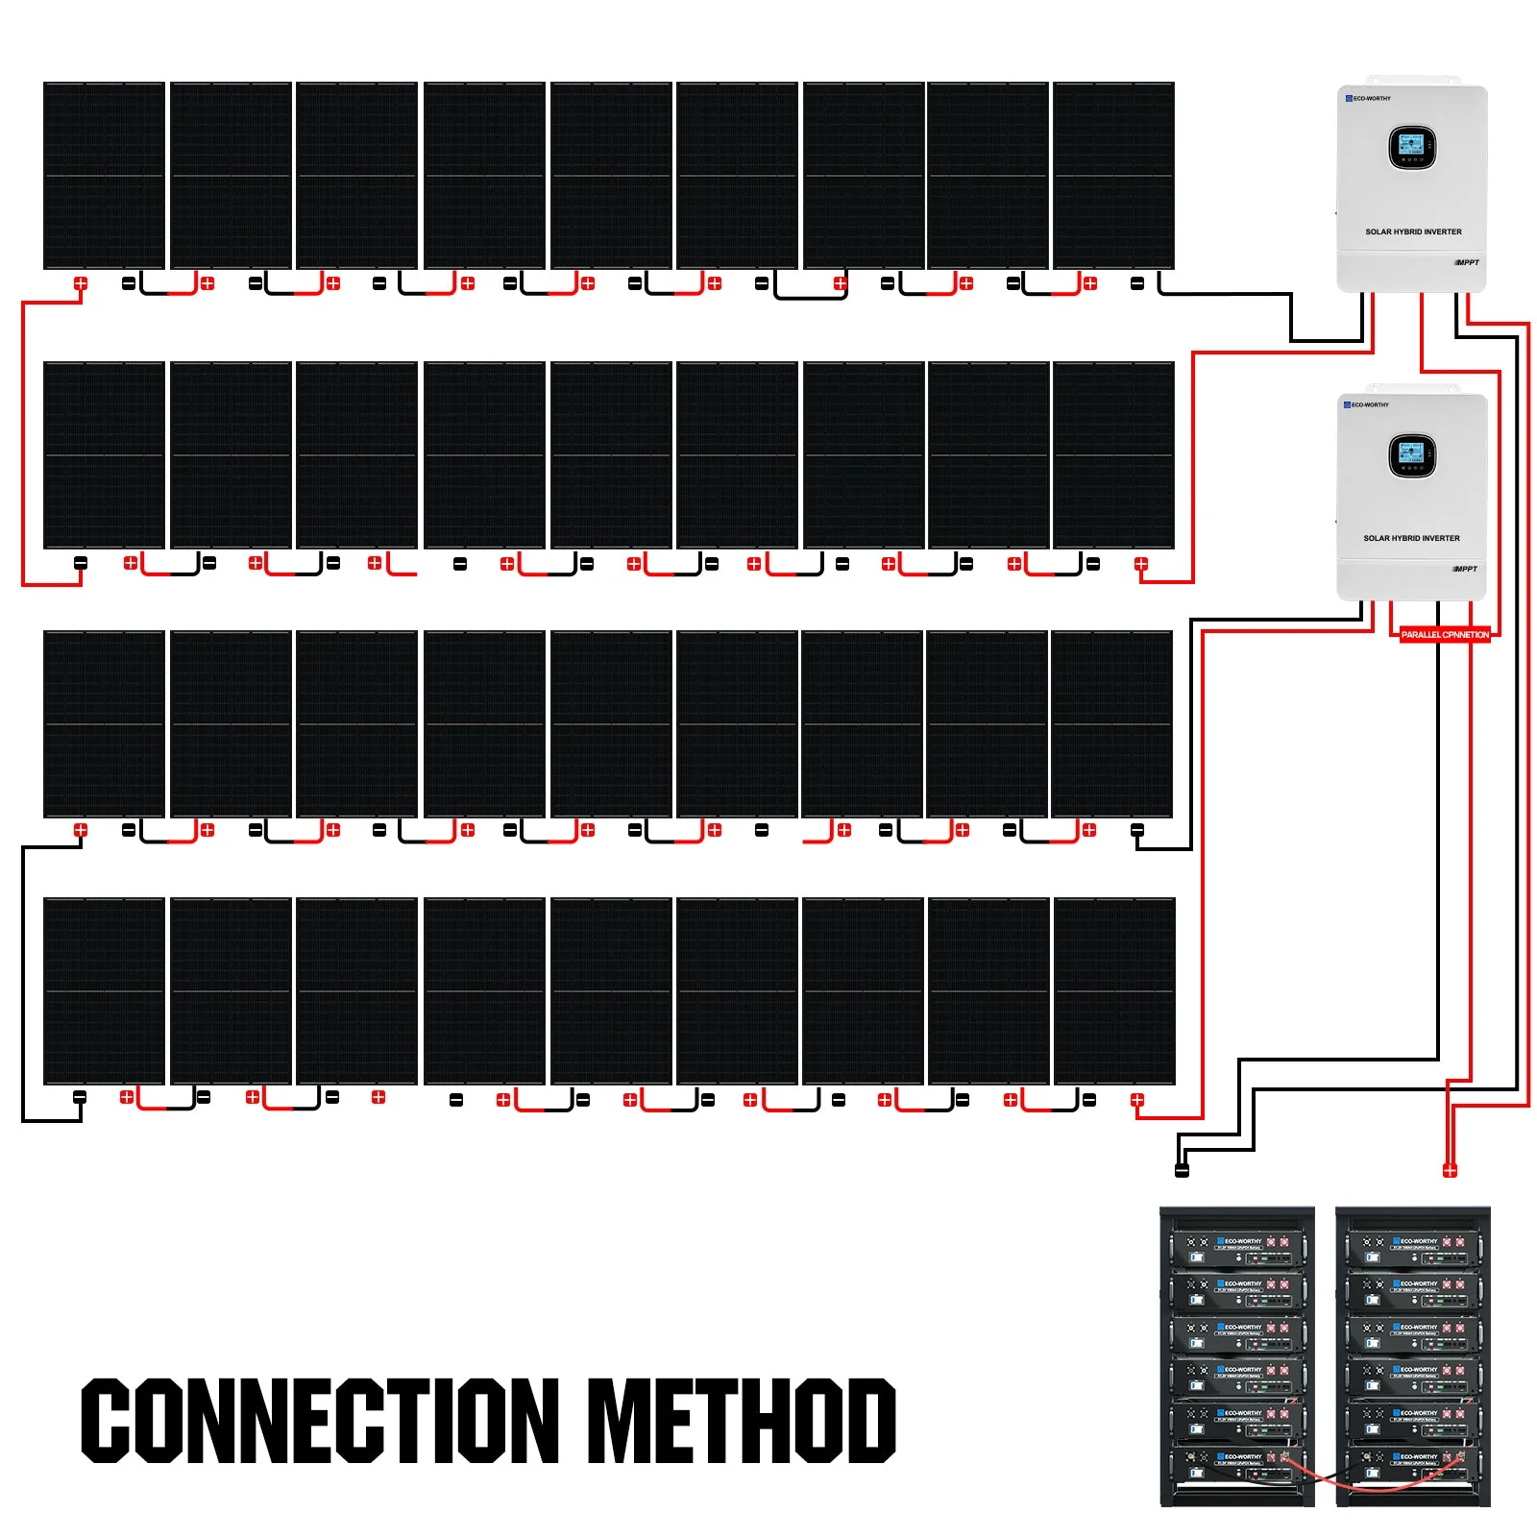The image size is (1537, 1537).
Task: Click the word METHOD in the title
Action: (x=741, y=1420)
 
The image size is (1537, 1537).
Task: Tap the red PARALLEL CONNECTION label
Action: (x=1444, y=634)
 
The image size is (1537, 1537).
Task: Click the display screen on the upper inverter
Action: (x=1411, y=147)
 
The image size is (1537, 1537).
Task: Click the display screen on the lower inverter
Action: (x=1411, y=453)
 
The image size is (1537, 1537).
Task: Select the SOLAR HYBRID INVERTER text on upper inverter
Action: (x=1413, y=232)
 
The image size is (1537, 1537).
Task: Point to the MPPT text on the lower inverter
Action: (x=1466, y=569)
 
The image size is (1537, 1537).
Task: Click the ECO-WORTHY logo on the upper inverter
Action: (x=1368, y=98)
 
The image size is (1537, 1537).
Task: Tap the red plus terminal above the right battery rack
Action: (x=1450, y=1169)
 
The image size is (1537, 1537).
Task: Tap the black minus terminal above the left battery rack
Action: (x=1182, y=1169)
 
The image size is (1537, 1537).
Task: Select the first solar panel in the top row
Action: (x=104, y=175)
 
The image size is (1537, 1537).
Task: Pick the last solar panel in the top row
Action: (x=1113, y=175)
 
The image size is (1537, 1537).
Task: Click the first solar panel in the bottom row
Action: (x=104, y=990)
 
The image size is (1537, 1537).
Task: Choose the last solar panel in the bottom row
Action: (x=1114, y=990)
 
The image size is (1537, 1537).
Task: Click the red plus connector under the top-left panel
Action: (x=81, y=283)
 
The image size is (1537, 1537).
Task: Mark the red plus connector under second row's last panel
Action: (x=1140, y=564)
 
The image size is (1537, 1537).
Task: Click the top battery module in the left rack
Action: (x=1236, y=1250)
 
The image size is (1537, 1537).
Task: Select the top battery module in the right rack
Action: (x=1412, y=1250)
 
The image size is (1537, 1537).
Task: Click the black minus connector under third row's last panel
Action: (x=1137, y=830)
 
